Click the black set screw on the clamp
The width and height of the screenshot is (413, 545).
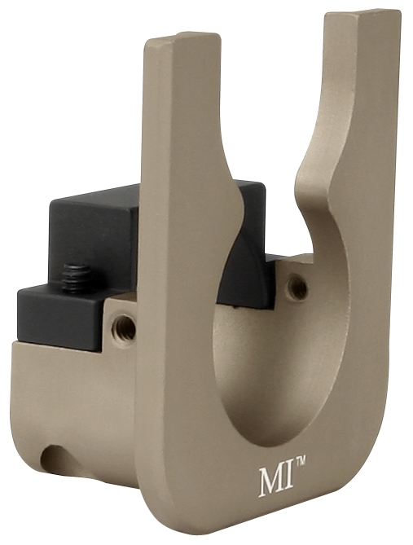78,273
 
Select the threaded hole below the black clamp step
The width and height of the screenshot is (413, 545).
124,327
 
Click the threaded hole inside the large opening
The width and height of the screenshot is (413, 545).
297,287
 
